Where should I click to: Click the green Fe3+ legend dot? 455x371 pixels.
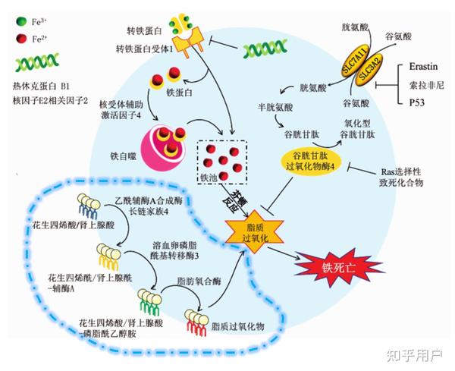pos(22,21)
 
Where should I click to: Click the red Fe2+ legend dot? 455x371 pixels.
pos(22,39)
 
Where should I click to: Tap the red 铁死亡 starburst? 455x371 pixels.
pos(338,268)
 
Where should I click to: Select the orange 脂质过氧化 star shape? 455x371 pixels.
pos(255,231)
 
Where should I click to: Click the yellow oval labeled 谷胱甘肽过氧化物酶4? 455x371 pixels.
pos(310,162)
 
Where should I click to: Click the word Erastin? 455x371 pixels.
pos(423,67)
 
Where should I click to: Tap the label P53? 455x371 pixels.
pos(416,102)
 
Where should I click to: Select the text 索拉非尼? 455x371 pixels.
pos(426,85)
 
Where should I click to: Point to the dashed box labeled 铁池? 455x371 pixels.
pos(222,162)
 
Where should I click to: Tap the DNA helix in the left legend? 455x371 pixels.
pos(37,62)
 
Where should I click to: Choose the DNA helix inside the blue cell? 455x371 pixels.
pos(265,49)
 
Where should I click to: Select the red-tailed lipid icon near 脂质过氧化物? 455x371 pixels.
pos(196,322)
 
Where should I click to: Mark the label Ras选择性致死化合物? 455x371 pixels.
pos(401,177)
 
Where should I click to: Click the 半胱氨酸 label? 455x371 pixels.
pos(275,108)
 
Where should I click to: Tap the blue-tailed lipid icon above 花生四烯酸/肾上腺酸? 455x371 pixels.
pos(89,206)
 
